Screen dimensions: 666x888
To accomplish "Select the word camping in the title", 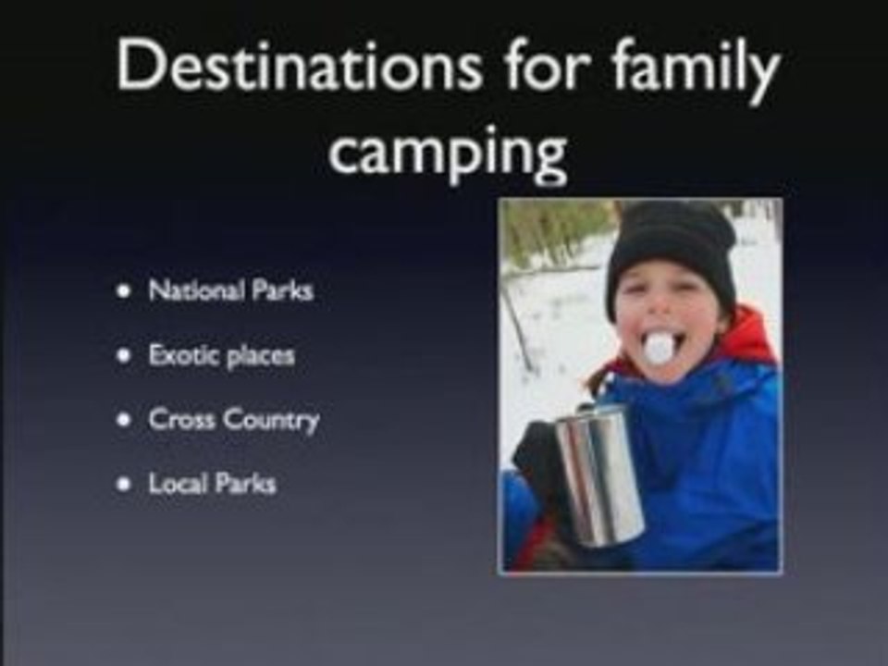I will point(447,154).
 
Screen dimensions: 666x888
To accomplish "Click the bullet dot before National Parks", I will point(123,291).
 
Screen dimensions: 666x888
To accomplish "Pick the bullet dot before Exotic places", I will point(123,356).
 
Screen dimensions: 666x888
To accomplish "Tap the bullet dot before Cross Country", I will point(123,420).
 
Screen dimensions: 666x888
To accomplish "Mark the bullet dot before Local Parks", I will point(123,484).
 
